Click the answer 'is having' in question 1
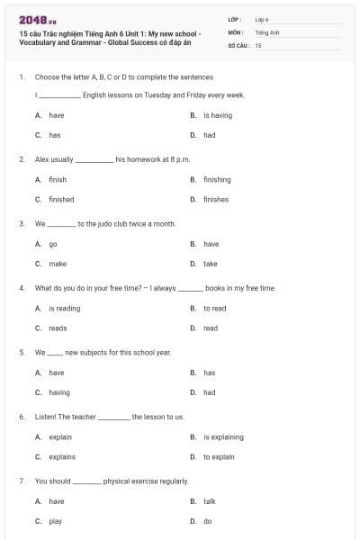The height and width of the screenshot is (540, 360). tap(217, 115)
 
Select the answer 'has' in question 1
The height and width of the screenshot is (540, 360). tap(54, 135)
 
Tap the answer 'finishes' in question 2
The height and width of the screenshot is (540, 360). tap(215, 199)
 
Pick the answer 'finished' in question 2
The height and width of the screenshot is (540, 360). tap(61, 199)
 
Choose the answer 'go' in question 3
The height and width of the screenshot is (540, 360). tap(53, 244)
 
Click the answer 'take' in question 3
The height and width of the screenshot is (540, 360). tap(210, 264)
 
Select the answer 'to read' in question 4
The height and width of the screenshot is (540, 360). tap(214, 308)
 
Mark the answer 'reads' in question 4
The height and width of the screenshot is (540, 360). tap(58, 328)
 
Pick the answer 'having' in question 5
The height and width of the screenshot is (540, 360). tap(58, 392)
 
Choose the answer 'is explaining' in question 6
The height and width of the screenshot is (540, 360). tap(223, 437)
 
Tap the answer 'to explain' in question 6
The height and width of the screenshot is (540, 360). tap(219, 456)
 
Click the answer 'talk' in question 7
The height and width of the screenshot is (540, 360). tap(209, 501)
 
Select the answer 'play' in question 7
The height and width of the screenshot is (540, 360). tap(55, 521)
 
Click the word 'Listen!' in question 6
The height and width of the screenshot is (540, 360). tap(46, 417)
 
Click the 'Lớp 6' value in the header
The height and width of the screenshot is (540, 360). tap(262, 19)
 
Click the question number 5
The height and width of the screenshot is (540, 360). tap(21, 352)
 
